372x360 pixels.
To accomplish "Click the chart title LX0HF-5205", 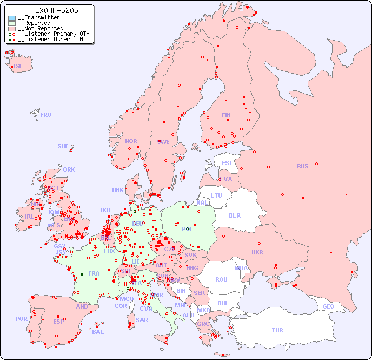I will click(x=56, y=10).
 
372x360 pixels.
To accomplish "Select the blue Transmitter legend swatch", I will click(x=12, y=18).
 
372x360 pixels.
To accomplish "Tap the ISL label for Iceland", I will click(x=18, y=67).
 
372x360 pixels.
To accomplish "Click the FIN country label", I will click(x=226, y=115).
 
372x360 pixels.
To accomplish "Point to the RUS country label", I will click(x=302, y=166).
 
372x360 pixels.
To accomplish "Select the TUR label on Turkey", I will click(x=277, y=330).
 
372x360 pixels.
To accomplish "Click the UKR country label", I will click(x=257, y=252).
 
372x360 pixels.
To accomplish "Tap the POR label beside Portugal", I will click(x=21, y=319).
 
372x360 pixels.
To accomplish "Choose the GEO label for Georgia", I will click(x=328, y=306).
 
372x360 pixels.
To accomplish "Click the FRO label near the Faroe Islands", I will click(x=46, y=115).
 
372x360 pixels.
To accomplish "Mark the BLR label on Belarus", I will click(x=234, y=215).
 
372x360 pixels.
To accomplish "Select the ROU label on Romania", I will click(x=221, y=279).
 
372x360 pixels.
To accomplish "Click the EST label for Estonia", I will click(x=227, y=163).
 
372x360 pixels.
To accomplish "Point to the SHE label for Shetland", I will click(x=63, y=146).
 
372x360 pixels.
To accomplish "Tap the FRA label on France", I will click(x=94, y=273).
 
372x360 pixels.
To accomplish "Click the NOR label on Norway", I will click(x=131, y=141).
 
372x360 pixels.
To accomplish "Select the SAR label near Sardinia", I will click(x=142, y=320).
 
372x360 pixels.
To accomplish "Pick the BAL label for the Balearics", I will click(x=98, y=332).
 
